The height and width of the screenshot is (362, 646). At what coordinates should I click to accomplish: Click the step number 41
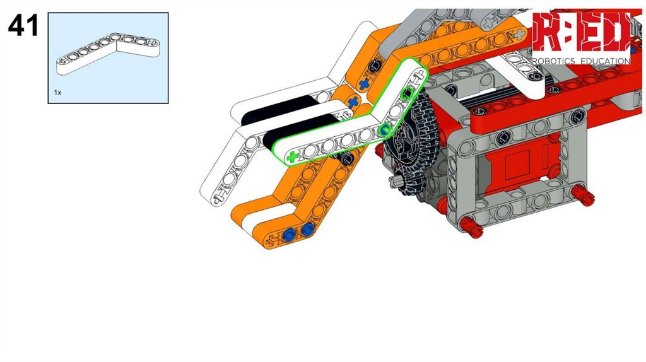pyautogui.click(x=23, y=25)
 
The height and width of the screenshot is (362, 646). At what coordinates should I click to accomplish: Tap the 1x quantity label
pyautogui.click(x=57, y=93)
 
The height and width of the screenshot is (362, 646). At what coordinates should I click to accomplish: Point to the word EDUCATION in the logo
pyautogui.click(x=605, y=61)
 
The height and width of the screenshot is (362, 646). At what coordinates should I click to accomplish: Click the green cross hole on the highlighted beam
pyautogui.click(x=292, y=157)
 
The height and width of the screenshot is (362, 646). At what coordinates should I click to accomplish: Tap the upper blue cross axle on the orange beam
pyautogui.click(x=363, y=84)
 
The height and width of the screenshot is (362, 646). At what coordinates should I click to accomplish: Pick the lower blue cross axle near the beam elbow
pyautogui.click(x=352, y=102)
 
